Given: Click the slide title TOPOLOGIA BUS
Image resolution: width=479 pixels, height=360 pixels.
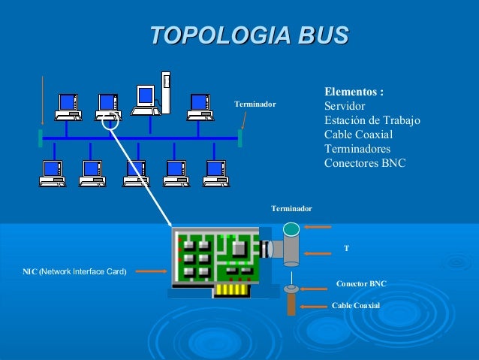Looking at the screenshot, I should [x=249, y=35].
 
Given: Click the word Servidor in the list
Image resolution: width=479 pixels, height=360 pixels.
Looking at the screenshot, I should [x=345, y=107].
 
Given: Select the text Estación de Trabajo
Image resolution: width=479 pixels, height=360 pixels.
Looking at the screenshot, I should [x=372, y=120].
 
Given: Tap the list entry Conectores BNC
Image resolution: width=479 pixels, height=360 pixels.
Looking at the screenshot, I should [x=364, y=162].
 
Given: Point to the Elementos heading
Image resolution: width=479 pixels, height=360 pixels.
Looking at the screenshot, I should [x=354, y=92].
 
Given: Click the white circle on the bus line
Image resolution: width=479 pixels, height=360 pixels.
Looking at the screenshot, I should [x=110, y=120].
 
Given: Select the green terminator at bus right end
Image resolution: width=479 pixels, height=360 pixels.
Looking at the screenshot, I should [x=239, y=138].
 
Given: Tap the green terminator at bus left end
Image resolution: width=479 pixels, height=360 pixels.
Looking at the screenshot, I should [x=40, y=138].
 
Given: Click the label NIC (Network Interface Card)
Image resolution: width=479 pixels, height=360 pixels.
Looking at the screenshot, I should [x=74, y=271].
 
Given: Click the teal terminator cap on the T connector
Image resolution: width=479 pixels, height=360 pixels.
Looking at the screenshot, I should [x=291, y=228].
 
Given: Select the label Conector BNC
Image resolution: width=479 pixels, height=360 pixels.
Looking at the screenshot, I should [x=361, y=284].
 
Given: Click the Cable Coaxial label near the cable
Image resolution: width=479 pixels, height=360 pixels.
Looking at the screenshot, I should [x=356, y=305].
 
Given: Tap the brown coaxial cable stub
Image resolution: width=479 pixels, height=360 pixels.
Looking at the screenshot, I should [x=291, y=304].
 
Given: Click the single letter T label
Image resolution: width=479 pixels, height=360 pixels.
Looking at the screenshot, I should [x=346, y=247].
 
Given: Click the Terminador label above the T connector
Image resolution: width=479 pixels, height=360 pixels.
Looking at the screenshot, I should [x=291, y=207].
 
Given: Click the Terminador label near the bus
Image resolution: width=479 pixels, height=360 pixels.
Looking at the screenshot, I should [x=255, y=104].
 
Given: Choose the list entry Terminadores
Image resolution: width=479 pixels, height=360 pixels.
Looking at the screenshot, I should [x=357, y=148].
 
